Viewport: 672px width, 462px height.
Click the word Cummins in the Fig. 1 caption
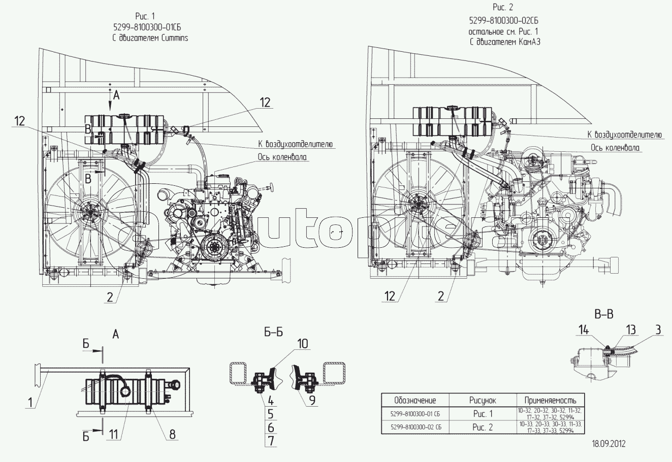coord(173,39)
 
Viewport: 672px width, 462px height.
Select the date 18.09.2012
coord(609,443)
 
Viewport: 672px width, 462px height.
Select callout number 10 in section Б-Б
coord(303,344)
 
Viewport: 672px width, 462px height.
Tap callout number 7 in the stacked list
coord(271,441)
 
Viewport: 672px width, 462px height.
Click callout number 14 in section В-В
coord(583,330)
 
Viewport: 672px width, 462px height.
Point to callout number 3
coord(657,330)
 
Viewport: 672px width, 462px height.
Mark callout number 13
coord(630,330)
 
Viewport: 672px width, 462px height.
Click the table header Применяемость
coord(550,400)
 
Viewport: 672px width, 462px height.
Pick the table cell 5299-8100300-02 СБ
coord(416,427)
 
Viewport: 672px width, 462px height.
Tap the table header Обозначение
coord(415,400)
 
